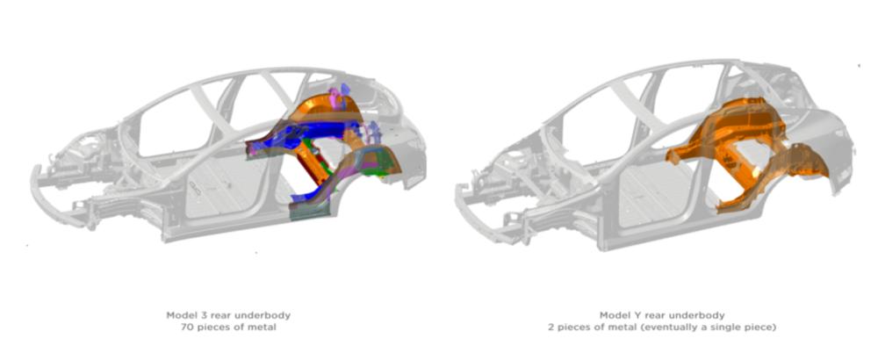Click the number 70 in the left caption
(x=187, y=327)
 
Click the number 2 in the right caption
(x=551, y=327)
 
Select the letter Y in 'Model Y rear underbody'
(x=630, y=315)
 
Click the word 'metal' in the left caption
(x=263, y=327)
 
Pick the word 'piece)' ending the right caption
(x=762, y=327)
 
